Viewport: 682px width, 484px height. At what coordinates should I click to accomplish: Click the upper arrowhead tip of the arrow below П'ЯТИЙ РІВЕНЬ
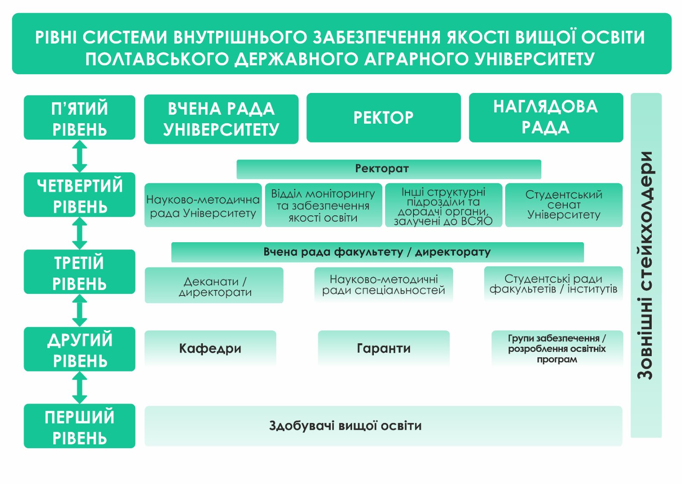click(80, 140)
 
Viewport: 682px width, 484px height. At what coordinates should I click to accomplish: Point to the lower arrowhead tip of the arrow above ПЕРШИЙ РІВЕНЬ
click(80, 404)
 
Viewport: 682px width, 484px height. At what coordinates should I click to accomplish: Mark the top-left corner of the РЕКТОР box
click(306, 93)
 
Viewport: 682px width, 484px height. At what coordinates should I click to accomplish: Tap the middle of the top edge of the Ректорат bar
click(389, 160)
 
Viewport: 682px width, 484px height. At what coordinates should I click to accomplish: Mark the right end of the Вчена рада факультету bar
click(584, 252)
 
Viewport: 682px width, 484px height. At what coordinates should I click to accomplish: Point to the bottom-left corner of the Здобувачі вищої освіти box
click(144, 446)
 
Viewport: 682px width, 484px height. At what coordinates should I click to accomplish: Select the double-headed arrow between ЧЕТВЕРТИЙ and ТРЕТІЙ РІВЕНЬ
click(80, 233)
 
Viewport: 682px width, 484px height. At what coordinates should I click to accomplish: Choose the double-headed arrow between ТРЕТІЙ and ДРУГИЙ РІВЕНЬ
click(80, 310)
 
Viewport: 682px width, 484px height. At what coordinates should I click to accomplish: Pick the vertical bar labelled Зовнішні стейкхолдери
click(646, 265)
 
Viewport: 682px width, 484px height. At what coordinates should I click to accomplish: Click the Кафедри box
click(211, 348)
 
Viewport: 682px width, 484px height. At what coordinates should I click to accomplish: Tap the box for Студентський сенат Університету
click(564, 205)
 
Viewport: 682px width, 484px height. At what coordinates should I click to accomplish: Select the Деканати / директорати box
click(214, 285)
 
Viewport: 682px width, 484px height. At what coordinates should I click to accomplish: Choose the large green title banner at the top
click(341, 43)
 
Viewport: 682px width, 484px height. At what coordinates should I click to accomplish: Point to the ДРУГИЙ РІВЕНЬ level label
click(80, 349)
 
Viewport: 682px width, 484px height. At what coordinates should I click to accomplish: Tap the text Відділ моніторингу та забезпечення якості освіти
click(323, 206)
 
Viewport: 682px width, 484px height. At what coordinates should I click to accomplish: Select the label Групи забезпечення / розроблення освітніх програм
click(557, 349)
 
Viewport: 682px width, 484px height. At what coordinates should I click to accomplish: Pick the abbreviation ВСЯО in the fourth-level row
click(477, 221)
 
